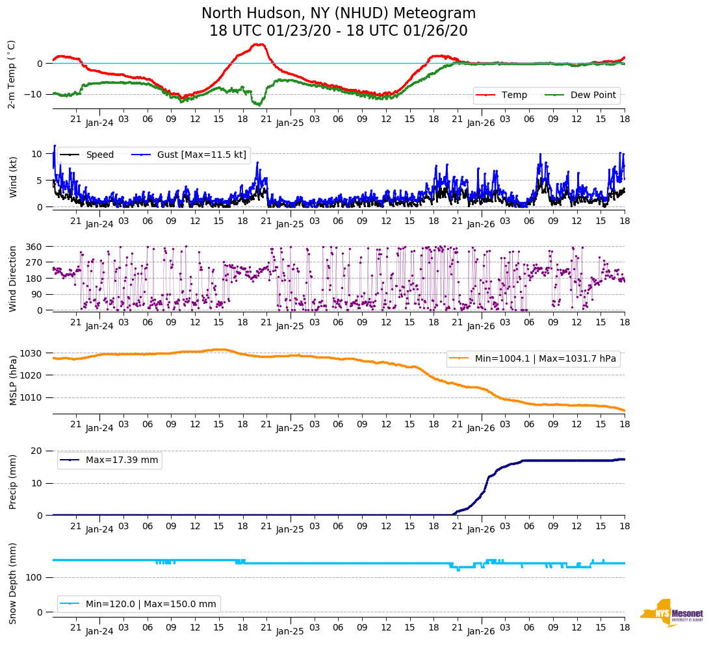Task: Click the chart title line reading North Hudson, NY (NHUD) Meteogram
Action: click(338, 14)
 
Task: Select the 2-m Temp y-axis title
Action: click(11, 74)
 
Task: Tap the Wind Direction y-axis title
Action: click(12, 279)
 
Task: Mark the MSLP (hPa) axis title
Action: click(12, 380)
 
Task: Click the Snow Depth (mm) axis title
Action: click(12, 583)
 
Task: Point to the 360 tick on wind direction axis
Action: click(34, 247)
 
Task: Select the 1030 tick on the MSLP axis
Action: click(32, 353)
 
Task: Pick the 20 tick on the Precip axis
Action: click(38, 451)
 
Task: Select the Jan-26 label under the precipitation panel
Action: click(481, 530)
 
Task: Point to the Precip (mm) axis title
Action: click(12, 482)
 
